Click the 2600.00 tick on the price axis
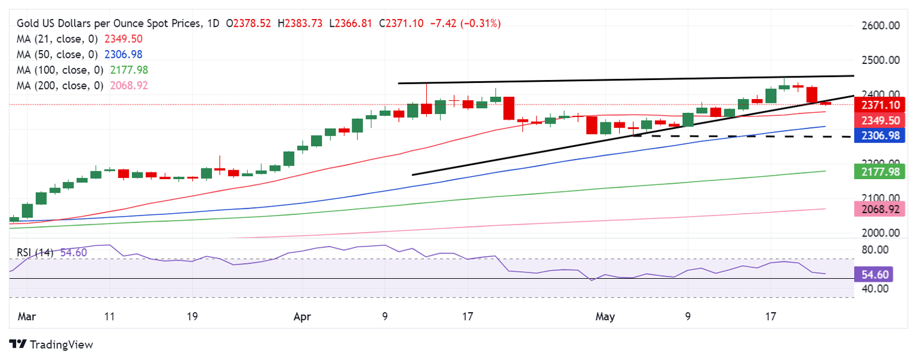[881, 26]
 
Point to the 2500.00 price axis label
[881, 60]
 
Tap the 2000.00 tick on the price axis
[881, 233]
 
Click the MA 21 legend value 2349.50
[124, 39]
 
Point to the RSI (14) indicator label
[35, 253]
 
